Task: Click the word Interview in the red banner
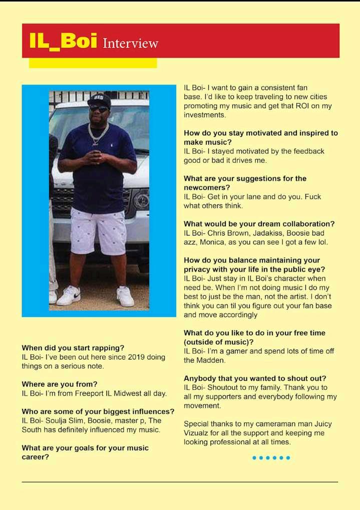(130, 44)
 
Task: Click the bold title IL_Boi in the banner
(63, 42)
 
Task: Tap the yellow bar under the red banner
(93, 63)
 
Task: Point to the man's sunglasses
(99, 108)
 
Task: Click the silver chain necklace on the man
(98, 133)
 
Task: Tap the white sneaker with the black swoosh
(69, 296)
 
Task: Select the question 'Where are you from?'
(60, 384)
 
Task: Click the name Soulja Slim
(64, 421)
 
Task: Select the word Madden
(210, 360)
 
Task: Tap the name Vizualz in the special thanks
(198, 433)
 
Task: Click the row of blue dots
(271, 457)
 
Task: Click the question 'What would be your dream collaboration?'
(259, 224)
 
